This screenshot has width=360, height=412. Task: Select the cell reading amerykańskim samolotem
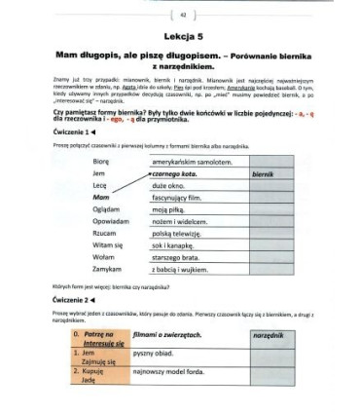198,159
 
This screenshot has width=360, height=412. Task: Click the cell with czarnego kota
188,171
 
